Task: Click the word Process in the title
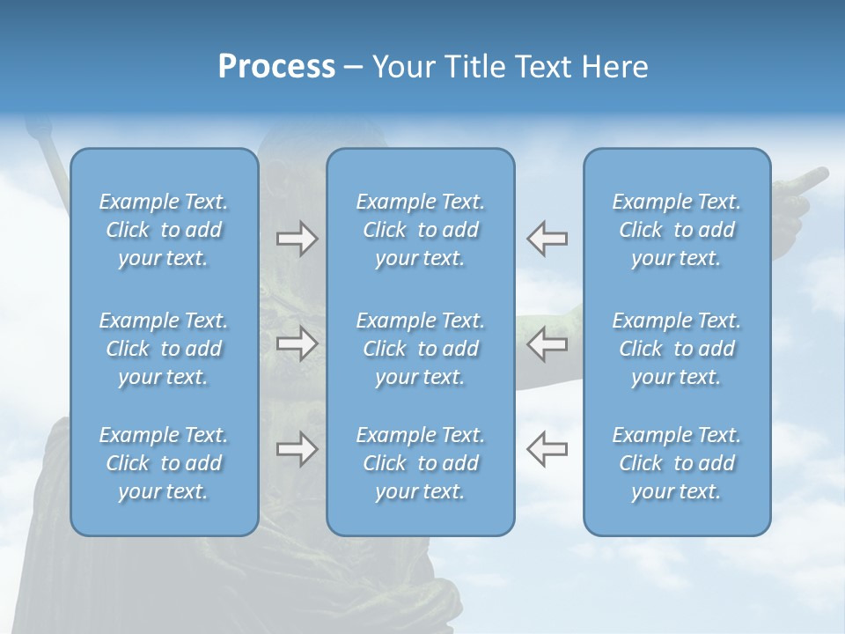tap(276, 67)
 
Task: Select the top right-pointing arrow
tap(298, 239)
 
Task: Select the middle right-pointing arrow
tap(298, 344)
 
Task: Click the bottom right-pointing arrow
tap(298, 449)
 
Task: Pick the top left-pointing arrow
tap(547, 239)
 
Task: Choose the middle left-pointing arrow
tap(547, 344)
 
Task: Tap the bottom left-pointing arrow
tap(547, 449)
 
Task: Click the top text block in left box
tap(164, 230)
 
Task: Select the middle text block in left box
tap(164, 349)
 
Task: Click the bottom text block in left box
tap(164, 463)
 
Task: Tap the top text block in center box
tap(420, 230)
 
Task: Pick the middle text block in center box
tap(420, 349)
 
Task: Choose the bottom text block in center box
tap(420, 463)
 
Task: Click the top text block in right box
tap(676, 230)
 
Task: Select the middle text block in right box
tap(676, 349)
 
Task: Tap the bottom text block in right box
tap(676, 463)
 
